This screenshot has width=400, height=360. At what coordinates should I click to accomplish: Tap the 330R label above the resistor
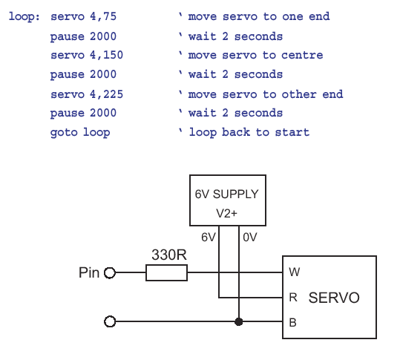tap(169, 255)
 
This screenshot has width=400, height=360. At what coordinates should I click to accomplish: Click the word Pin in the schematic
tap(89, 272)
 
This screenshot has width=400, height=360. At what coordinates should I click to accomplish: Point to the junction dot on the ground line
tap(238, 321)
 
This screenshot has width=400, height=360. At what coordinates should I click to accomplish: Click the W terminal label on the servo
tap(294, 272)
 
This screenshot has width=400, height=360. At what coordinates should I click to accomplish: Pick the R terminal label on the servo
tap(293, 298)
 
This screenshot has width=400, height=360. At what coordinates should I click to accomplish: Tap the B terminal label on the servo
tap(292, 322)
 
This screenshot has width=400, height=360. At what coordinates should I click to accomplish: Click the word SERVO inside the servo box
tap(334, 298)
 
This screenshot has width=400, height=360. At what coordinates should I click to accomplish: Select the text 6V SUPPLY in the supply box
tap(227, 194)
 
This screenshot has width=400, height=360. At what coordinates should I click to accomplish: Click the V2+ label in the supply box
tap(226, 213)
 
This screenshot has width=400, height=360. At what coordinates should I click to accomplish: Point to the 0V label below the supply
tap(250, 238)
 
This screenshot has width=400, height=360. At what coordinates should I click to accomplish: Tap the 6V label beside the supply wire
tap(209, 238)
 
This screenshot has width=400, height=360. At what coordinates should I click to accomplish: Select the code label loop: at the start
tap(24, 16)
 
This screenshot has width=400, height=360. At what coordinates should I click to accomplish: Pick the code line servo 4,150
tap(87, 55)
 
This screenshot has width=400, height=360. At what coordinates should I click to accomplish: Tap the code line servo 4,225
tap(87, 94)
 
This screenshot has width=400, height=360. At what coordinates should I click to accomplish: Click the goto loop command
tap(80, 132)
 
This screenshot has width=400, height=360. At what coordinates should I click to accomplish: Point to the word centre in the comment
tap(302, 56)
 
